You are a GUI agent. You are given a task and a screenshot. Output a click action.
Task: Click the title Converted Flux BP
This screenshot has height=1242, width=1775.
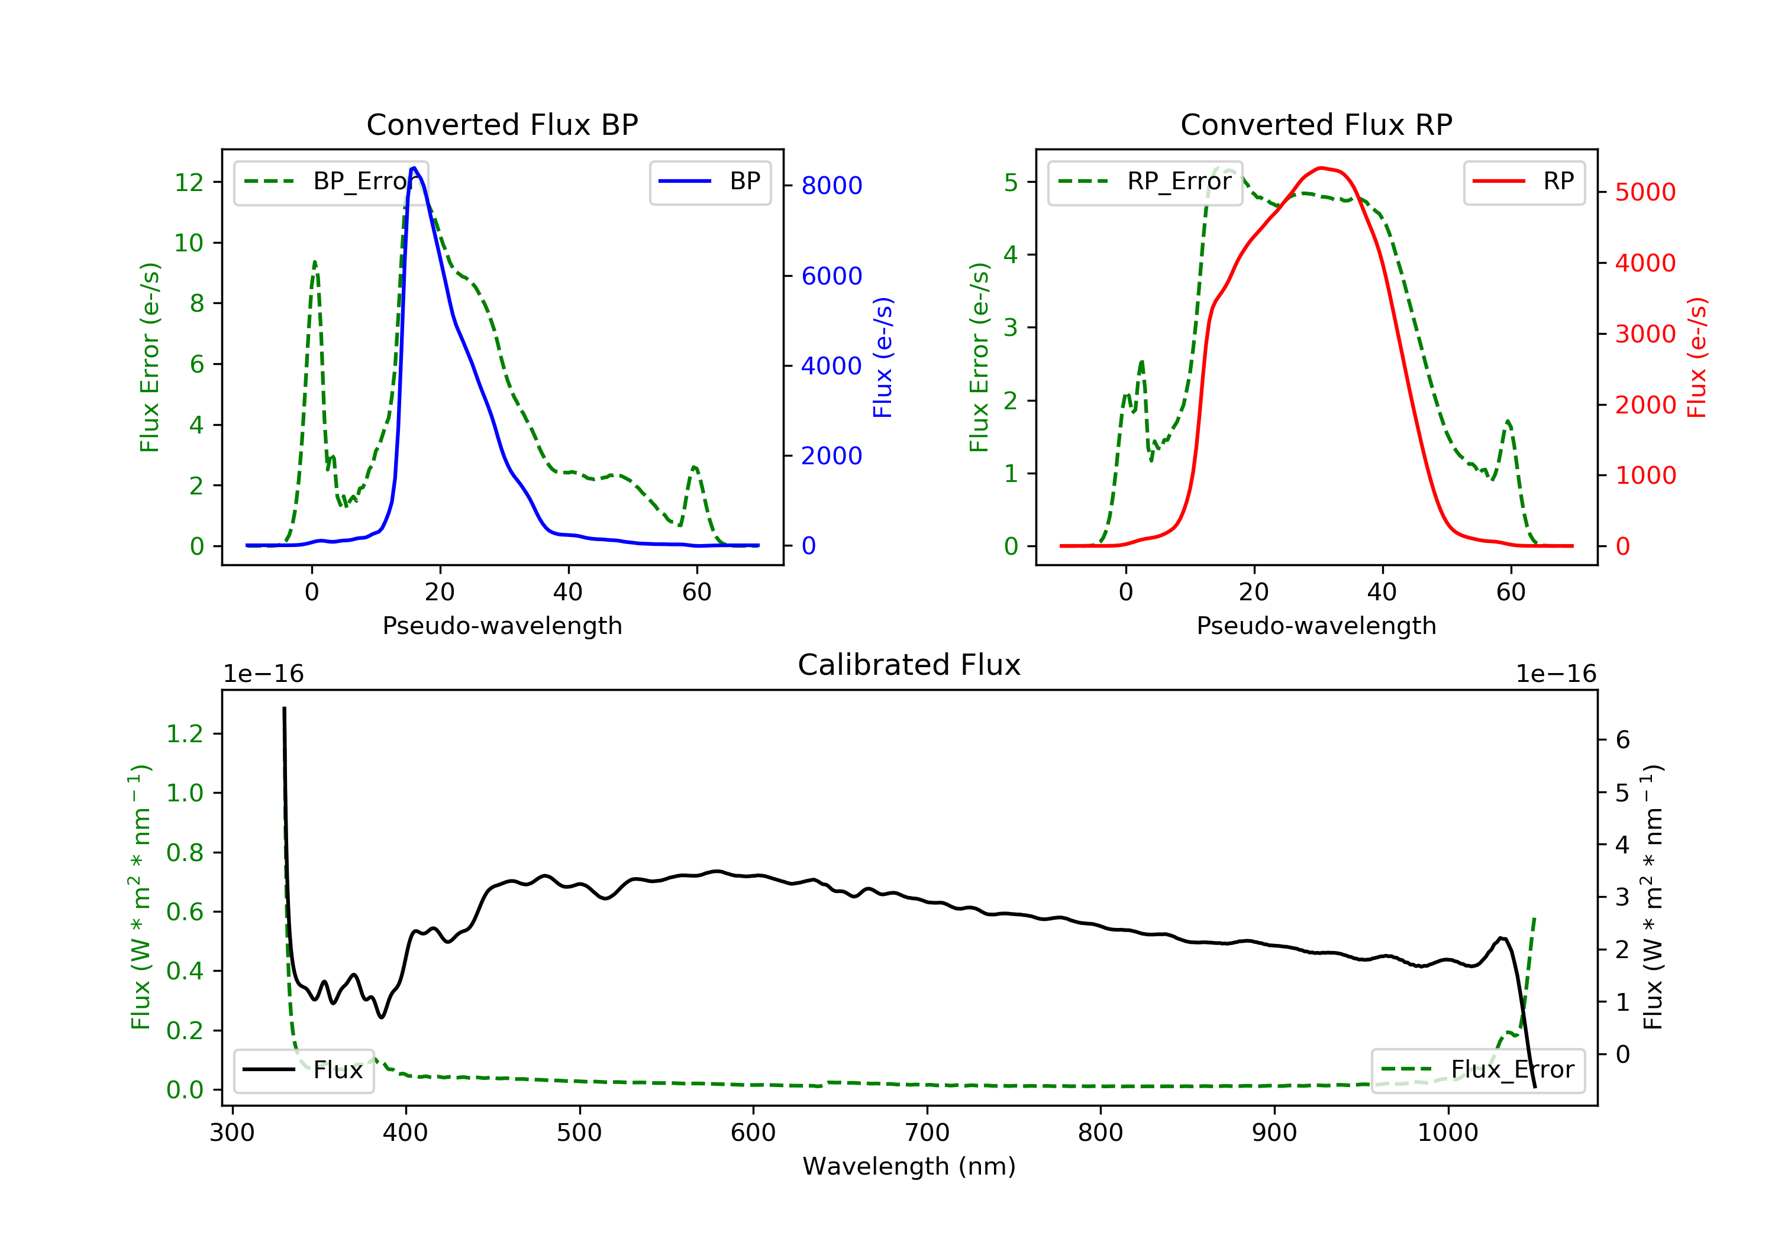click(502, 124)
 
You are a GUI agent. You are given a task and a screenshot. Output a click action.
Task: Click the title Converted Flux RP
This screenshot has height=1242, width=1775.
click(1316, 124)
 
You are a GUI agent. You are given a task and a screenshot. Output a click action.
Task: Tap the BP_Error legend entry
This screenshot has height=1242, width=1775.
click(332, 182)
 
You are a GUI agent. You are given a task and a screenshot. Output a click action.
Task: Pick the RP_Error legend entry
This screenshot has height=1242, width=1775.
click(1145, 182)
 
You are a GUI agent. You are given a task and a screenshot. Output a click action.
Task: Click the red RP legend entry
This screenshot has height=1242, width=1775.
click(1524, 182)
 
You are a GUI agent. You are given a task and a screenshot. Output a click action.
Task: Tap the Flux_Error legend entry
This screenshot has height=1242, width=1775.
click(1477, 1070)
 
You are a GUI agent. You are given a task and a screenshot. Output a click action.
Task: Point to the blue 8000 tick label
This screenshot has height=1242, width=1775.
click(831, 186)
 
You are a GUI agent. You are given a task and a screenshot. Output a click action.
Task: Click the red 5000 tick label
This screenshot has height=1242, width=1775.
click(1645, 192)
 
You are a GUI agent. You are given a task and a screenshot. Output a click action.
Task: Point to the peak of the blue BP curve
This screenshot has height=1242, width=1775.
click(414, 168)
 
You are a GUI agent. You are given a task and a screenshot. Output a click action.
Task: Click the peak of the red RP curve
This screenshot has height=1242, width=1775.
click(1321, 168)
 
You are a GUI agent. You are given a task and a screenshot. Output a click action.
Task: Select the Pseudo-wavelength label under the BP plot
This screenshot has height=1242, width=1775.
click(502, 625)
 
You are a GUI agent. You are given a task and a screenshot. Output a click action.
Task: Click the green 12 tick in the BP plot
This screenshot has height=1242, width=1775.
click(189, 182)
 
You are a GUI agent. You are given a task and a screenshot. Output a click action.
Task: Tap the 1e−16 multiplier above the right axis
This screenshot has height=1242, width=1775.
click(1555, 674)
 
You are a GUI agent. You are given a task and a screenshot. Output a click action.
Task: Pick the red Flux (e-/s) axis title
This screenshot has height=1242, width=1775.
click(1696, 357)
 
